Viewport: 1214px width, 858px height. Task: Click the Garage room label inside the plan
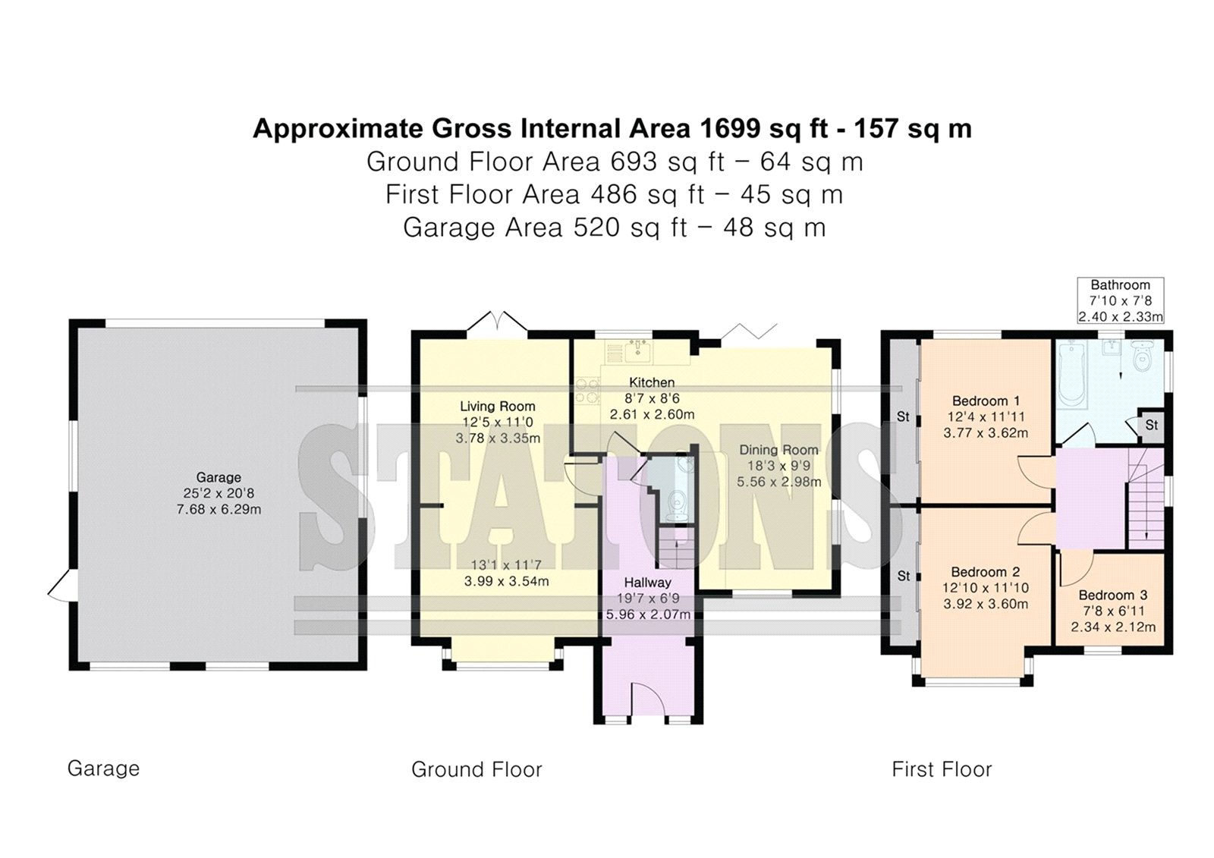pyautogui.click(x=219, y=477)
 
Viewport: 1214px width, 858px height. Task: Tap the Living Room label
pyautogui.click(x=498, y=406)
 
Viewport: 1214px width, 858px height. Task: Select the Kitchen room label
pyautogui.click(x=652, y=382)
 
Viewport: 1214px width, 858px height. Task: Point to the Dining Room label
pyautogui.click(x=778, y=449)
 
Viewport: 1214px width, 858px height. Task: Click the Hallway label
pyautogui.click(x=648, y=583)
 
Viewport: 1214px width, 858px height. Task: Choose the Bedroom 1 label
pyautogui.click(x=986, y=401)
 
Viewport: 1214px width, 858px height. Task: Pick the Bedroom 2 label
pyautogui.click(x=986, y=572)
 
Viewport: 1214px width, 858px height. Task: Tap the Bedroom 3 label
pyautogui.click(x=1112, y=595)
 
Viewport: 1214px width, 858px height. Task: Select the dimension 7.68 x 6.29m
pyautogui.click(x=219, y=510)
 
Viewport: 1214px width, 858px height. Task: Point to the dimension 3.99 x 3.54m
pyautogui.click(x=506, y=582)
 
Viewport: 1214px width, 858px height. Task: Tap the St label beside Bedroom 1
pyautogui.click(x=903, y=416)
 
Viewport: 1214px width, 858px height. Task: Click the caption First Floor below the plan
pyautogui.click(x=942, y=769)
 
